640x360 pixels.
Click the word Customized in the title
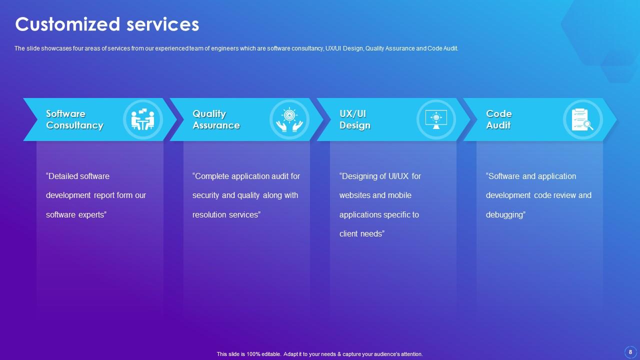tap(67, 24)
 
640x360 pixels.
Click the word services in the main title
tap(162, 24)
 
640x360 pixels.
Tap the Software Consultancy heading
tap(74, 119)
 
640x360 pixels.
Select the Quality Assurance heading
tap(216, 119)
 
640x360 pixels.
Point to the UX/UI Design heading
tap(355, 119)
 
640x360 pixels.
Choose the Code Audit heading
tap(499, 119)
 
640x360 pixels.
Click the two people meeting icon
tap(143, 119)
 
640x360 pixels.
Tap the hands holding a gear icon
tap(289, 119)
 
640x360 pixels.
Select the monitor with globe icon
tap(436, 119)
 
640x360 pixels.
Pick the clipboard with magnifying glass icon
tap(582, 119)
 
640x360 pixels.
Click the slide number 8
tap(630, 352)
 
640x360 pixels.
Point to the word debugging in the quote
tap(505, 215)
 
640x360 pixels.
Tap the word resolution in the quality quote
tap(209, 214)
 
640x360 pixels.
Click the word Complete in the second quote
tap(211, 176)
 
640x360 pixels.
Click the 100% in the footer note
tap(253, 354)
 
